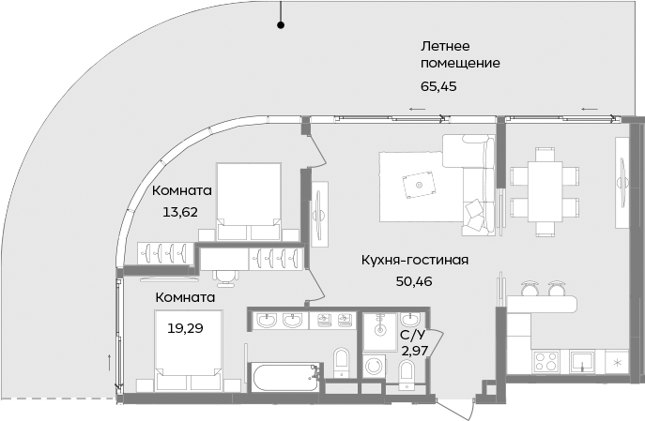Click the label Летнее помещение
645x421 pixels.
tap(459, 54)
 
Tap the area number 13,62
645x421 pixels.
tap(179, 211)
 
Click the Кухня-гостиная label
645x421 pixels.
tap(414, 260)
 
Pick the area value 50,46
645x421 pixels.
tap(414, 280)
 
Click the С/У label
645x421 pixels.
tap(411, 334)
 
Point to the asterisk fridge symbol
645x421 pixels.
tap(617, 360)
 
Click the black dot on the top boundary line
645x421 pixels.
tap(279, 26)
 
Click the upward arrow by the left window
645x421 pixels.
tap(111, 363)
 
